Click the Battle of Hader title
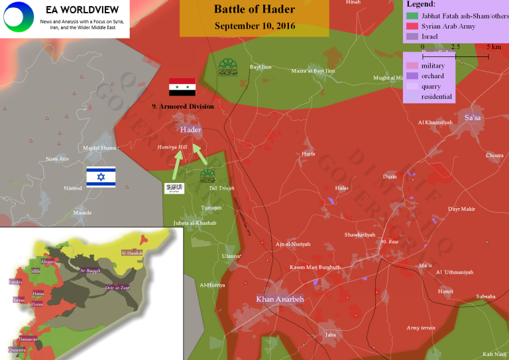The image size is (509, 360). point(254,9)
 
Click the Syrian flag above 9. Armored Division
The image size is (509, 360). point(182,87)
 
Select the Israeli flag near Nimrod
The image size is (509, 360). point(101,176)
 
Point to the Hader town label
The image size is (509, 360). point(190,130)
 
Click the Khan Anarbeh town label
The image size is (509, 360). point(280,299)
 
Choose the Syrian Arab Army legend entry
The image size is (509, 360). point(448,26)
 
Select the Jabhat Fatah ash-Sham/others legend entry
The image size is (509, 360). point(457,15)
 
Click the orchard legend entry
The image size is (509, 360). point(433,76)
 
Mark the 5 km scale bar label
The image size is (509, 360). point(492,47)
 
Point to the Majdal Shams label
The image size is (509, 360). point(99,147)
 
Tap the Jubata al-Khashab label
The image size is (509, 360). point(195,223)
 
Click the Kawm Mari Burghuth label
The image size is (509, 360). point(315,267)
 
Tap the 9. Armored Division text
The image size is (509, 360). point(182,106)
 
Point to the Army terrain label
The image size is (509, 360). point(422,328)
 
